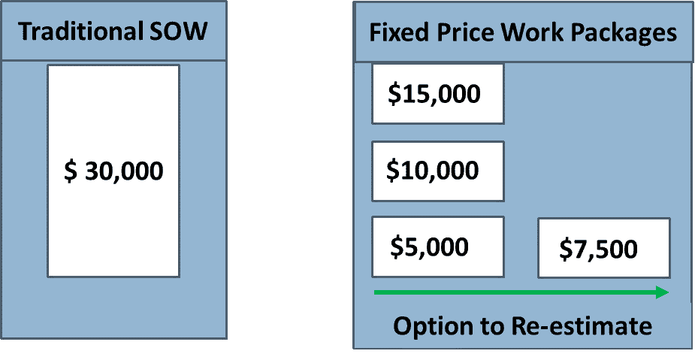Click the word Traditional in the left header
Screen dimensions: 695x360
coord(80,32)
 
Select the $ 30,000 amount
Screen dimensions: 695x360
coord(113,171)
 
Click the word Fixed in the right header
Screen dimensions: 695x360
coord(399,33)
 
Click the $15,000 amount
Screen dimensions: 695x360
coord(434,94)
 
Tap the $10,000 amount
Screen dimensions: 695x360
coord(432,171)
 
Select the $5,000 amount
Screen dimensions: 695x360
coord(429,247)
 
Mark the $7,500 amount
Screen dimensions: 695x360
coord(598,249)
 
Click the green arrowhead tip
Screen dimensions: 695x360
coord(669,292)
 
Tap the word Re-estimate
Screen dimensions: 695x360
coord(582,326)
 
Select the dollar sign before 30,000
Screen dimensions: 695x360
coord(71,171)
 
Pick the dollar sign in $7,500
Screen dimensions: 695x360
coord(566,250)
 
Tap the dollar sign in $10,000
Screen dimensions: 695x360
coord(393,171)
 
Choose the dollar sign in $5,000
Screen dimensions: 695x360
coord(397,247)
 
